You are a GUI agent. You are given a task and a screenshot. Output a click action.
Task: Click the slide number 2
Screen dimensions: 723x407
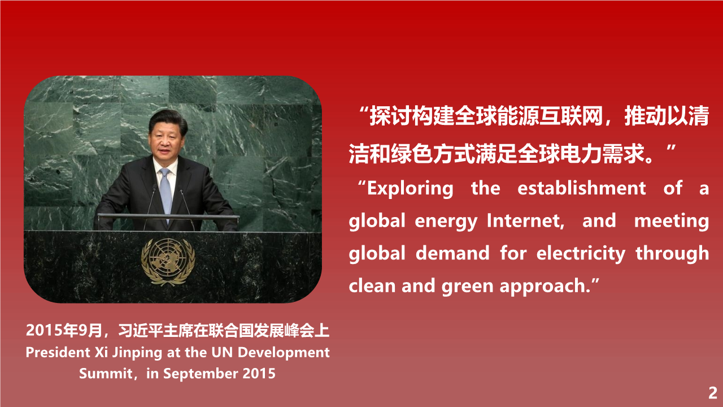[713, 393]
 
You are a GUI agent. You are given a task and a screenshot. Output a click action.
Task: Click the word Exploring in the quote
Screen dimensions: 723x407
[410, 189]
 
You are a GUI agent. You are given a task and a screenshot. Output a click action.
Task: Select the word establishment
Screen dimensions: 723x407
[582, 188]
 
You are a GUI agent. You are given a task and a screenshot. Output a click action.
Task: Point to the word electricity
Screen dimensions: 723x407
[581, 254]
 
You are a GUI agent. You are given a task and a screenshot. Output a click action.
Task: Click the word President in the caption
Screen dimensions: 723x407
[58, 352]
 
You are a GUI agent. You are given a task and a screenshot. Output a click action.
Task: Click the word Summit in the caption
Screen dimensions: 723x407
[105, 374]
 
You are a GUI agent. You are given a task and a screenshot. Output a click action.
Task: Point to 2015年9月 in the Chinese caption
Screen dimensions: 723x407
[64, 331]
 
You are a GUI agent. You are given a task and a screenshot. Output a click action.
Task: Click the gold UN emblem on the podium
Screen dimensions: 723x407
[168, 262]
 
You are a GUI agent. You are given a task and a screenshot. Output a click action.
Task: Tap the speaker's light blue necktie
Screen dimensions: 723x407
[165, 190]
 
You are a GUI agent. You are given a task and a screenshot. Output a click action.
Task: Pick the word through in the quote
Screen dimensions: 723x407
[672, 254]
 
